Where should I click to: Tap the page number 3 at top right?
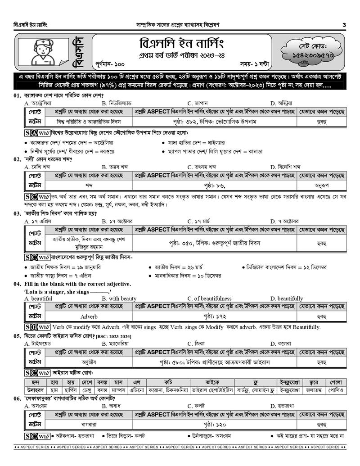point(344,24)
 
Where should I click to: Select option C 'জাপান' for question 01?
point(200,103)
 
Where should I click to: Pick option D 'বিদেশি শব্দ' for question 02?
point(288,167)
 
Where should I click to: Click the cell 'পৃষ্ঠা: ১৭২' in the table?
point(215,316)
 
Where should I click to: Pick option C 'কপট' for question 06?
point(198,406)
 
